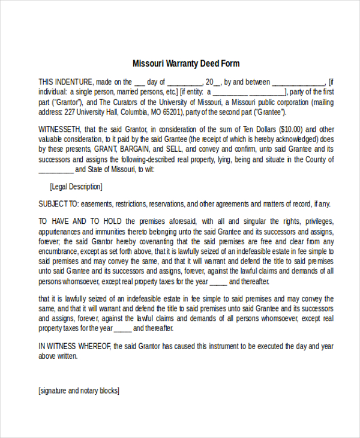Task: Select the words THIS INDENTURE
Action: tap(66, 82)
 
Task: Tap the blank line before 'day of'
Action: tap(139, 82)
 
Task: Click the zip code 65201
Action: tap(172, 112)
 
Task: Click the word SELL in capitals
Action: tap(169, 149)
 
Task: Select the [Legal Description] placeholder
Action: tap(76, 187)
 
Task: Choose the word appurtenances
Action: tap(61, 231)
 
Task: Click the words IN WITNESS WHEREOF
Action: tap(75, 346)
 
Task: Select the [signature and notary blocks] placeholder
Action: tap(79, 391)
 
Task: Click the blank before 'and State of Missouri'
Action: tap(56, 170)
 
